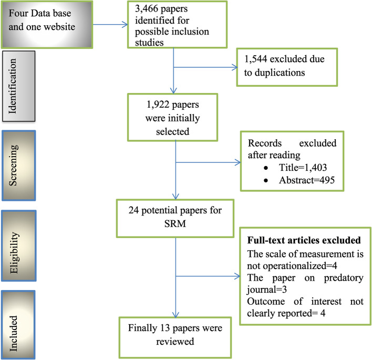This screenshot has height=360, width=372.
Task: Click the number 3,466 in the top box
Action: click(147, 9)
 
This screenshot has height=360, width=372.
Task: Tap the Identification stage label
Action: click(12, 86)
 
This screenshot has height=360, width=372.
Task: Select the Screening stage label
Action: click(13, 165)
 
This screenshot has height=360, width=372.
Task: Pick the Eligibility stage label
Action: click(14, 253)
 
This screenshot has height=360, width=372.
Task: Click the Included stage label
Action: click(13, 333)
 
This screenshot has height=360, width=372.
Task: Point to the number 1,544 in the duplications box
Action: click(255, 59)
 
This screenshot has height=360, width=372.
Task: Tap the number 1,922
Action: click(158, 105)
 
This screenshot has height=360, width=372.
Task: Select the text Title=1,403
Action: click(303, 168)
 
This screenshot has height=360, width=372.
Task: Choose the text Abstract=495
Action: click(307, 180)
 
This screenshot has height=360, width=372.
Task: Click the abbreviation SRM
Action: click(175, 223)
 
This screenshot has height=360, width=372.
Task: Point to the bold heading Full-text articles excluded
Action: click(304, 240)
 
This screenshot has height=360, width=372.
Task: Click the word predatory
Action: click(344, 278)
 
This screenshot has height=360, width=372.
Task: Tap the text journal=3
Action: click(267, 290)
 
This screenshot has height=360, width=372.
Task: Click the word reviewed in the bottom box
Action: click(175, 342)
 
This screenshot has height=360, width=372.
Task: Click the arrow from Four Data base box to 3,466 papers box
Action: click(110, 25)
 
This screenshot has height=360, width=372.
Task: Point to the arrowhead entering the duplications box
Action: click(235, 67)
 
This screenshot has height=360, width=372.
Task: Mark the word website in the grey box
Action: click(59, 27)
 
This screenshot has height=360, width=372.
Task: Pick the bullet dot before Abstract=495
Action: click(266, 181)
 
